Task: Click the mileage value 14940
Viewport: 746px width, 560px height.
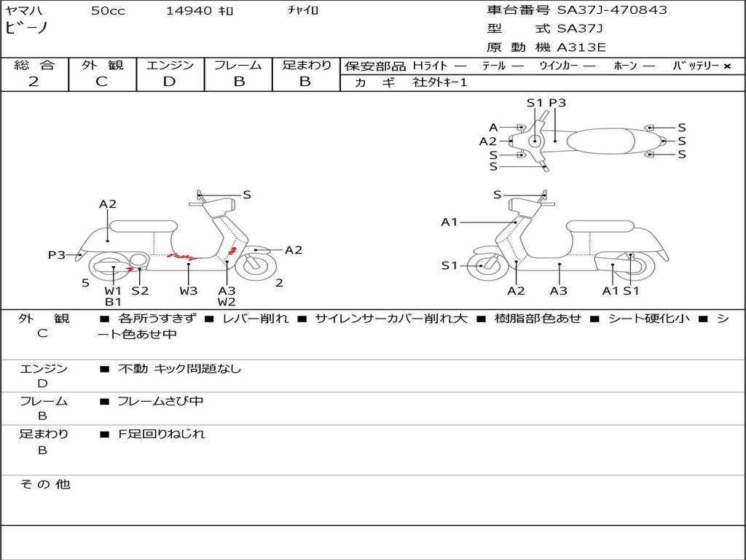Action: click(x=189, y=11)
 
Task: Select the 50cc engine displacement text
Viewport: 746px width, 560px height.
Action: click(x=108, y=11)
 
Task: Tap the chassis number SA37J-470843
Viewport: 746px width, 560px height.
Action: click(x=612, y=10)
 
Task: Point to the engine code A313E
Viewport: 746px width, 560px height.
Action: click(x=581, y=48)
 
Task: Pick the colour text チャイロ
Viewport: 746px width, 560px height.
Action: click(x=303, y=11)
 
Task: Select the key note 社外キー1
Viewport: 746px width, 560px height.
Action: click(x=440, y=82)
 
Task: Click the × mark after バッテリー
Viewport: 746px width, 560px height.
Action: click(x=726, y=66)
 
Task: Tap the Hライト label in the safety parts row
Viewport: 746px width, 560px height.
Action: click(x=430, y=66)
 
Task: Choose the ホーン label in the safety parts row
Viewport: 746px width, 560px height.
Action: click(x=626, y=66)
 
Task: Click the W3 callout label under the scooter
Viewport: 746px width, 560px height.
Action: click(x=189, y=290)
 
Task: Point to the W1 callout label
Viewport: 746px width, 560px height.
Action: click(x=113, y=290)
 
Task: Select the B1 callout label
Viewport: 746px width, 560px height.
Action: click(x=113, y=301)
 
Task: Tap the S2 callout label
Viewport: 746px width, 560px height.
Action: click(x=140, y=290)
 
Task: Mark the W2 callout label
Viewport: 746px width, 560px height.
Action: click(x=227, y=301)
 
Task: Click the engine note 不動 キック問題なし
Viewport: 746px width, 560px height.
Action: click(x=179, y=369)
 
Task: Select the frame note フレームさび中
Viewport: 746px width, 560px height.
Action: click(x=160, y=401)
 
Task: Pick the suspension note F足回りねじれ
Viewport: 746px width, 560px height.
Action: click(x=162, y=434)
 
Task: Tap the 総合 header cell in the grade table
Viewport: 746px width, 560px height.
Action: click(x=34, y=66)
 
